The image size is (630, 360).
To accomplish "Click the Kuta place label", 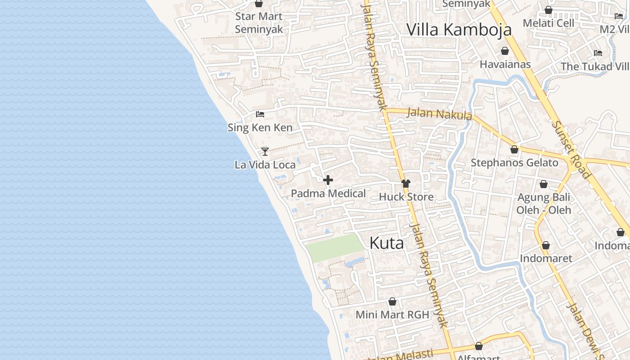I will [x=387, y=243].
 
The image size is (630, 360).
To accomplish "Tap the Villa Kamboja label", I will [x=459, y=30].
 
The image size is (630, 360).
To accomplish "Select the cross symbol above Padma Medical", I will [x=328, y=180].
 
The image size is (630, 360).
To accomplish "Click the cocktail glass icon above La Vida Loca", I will [x=265, y=151].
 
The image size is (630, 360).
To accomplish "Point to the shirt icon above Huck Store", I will [x=406, y=183].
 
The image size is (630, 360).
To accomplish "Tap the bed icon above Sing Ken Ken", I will [x=260, y=114].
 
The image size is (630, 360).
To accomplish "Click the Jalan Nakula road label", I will [x=439, y=113].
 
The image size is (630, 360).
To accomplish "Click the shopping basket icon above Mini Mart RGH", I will [x=392, y=301].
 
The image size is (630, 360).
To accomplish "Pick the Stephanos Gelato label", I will [x=514, y=162].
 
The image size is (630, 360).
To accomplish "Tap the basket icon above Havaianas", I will [x=505, y=51].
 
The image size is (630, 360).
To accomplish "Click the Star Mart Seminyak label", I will [x=259, y=23].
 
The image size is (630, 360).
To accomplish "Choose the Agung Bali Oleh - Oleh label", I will [x=544, y=203].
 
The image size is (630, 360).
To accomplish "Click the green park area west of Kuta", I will [x=335, y=247].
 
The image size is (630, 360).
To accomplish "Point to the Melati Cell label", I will [x=549, y=23].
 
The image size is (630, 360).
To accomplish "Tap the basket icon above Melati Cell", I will [x=549, y=10].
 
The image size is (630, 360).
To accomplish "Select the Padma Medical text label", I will [x=328, y=193].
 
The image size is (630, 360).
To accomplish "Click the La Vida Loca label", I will [x=265, y=165].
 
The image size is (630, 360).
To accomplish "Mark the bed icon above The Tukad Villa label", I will [x=598, y=53].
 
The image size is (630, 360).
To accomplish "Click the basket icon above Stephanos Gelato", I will [x=514, y=149].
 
